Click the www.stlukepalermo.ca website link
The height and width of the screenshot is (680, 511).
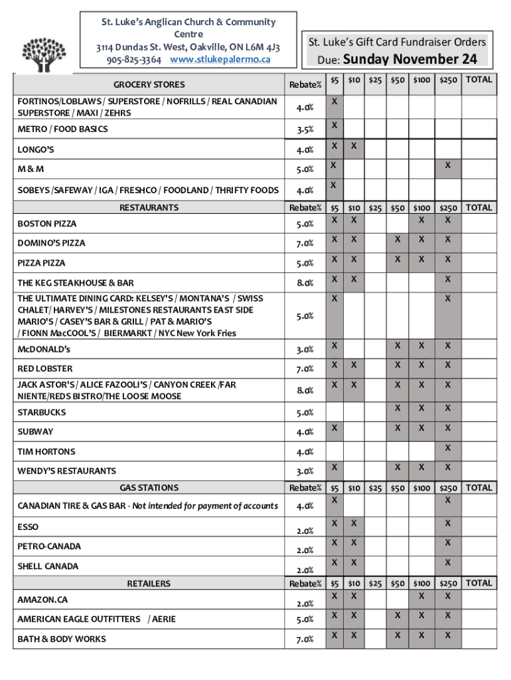click(220, 59)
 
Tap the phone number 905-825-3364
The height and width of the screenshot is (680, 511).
click(133, 59)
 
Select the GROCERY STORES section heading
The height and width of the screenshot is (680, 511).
click(149, 84)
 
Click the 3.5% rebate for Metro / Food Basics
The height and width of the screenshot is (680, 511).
click(305, 129)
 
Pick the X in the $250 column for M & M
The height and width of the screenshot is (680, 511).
click(448, 165)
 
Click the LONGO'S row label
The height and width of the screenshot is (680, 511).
click(36, 149)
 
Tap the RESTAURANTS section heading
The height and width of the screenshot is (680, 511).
click(149, 207)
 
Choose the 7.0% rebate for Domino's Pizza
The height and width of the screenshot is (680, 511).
click(305, 243)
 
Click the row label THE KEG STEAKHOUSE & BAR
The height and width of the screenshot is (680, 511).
click(76, 283)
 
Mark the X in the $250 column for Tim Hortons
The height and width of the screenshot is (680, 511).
click(448, 448)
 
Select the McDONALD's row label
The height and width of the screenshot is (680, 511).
click(44, 349)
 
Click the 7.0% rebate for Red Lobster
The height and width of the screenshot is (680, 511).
click(305, 369)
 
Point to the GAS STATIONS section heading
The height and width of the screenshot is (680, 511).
click(149, 487)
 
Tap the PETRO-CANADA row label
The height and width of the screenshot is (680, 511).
click(49, 547)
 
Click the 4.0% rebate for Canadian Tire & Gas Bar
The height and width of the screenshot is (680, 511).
click(305, 506)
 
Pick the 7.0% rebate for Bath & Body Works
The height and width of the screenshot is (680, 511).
click(305, 639)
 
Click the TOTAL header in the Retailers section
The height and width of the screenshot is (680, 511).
click(479, 583)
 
